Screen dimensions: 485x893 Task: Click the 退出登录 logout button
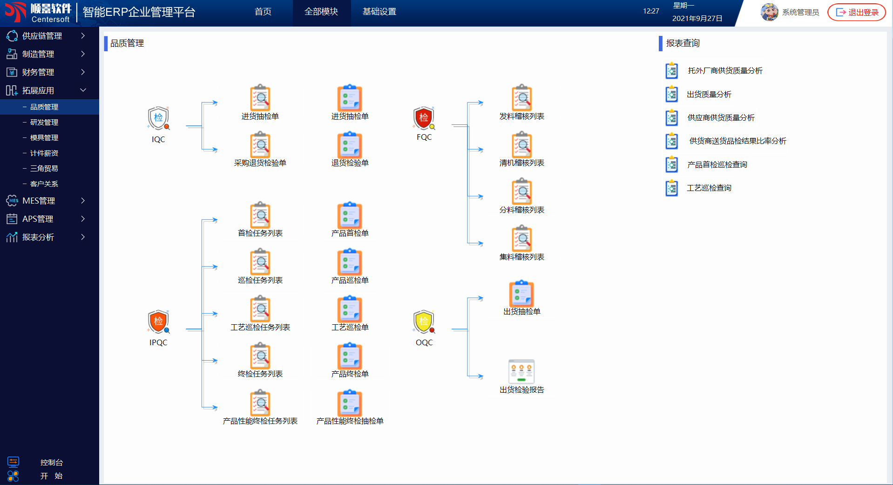pyautogui.click(x=857, y=13)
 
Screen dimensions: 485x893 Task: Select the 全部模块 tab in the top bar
pyautogui.click(x=321, y=12)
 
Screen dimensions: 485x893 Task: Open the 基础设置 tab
pyautogui.click(x=379, y=12)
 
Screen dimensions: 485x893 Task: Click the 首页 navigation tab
pyautogui.click(x=263, y=12)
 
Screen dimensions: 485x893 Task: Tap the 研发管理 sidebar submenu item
pyautogui.click(x=44, y=123)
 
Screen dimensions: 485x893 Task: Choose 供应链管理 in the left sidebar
pyautogui.click(x=42, y=36)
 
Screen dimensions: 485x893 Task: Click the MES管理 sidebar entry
pyautogui.click(x=39, y=201)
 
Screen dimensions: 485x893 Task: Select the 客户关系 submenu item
pyautogui.click(x=44, y=184)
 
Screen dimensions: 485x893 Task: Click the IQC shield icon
pyautogui.click(x=158, y=118)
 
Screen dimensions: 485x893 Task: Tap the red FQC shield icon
pyautogui.click(x=424, y=118)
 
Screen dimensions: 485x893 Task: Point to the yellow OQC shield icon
pyautogui.click(x=424, y=321)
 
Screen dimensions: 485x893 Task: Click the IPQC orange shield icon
pyautogui.click(x=158, y=321)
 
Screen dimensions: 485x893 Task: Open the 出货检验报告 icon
pyautogui.click(x=521, y=371)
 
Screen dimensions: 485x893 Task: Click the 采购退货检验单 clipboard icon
pyautogui.click(x=260, y=145)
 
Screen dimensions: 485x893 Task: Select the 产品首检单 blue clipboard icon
pyautogui.click(x=350, y=215)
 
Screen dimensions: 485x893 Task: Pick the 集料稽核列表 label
pyautogui.click(x=521, y=257)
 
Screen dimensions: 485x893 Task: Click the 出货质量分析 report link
pyautogui.click(x=709, y=95)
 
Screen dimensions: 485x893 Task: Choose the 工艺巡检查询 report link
pyautogui.click(x=709, y=188)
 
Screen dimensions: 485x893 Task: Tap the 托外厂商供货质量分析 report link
pyautogui.click(x=725, y=71)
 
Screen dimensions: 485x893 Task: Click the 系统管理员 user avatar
pyautogui.click(x=770, y=12)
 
